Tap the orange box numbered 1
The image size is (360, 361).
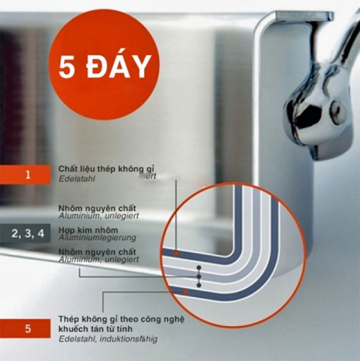click(x=28, y=174)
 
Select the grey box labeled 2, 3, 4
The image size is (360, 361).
click(x=28, y=234)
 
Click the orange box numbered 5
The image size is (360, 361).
click(x=28, y=329)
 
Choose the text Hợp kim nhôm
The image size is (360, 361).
click(x=87, y=230)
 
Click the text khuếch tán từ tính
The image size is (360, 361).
click(x=97, y=329)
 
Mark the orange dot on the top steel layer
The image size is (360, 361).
click(x=175, y=254)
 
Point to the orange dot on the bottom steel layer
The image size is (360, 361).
click(x=185, y=292)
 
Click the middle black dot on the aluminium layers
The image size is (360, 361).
click(x=199, y=276)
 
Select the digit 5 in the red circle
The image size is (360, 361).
click(x=67, y=67)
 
